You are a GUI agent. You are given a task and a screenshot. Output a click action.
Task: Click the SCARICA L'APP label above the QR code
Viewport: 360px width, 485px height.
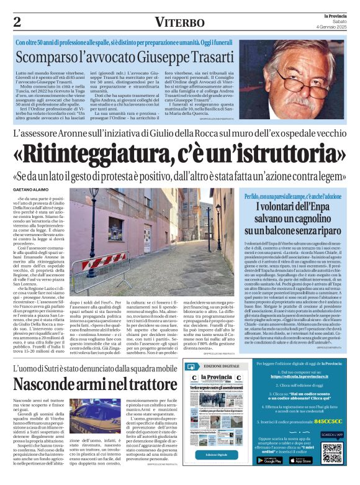click(x=332, y=433)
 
